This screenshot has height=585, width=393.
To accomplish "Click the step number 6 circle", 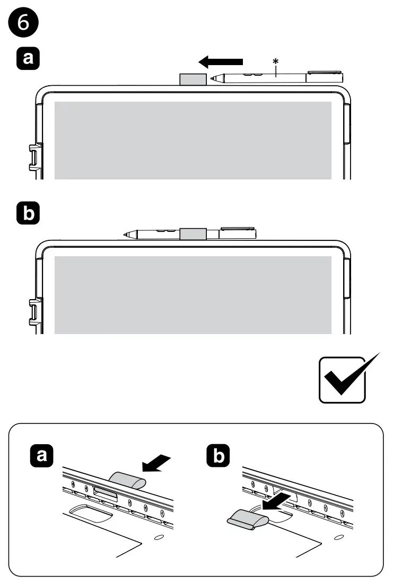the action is (x=23, y=22).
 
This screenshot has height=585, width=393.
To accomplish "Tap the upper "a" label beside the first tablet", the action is (x=28, y=58).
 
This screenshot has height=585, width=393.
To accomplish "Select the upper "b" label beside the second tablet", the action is (x=28, y=213).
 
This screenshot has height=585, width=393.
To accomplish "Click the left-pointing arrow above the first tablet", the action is (x=221, y=61).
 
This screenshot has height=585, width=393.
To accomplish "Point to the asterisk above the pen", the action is (x=276, y=61).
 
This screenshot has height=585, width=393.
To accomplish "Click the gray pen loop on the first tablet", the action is (x=193, y=79).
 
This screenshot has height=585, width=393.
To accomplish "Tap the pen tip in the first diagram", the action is (x=213, y=78).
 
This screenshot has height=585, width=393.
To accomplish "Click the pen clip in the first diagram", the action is (x=325, y=71).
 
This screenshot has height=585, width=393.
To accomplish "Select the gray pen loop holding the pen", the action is (x=193, y=234).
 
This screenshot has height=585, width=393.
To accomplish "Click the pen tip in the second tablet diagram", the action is (x=126, y=235).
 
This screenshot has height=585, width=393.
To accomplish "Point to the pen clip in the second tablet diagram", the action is (x=238, y=228).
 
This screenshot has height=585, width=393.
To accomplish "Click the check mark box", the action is (x=342, y=380).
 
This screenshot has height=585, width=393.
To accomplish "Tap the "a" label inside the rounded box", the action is (x=41, y=455).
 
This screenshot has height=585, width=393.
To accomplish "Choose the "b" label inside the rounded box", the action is (x=219, y=455).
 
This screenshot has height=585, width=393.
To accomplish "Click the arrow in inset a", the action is (x=156, y=464).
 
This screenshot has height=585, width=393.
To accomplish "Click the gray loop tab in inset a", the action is (x=127, y=480).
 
